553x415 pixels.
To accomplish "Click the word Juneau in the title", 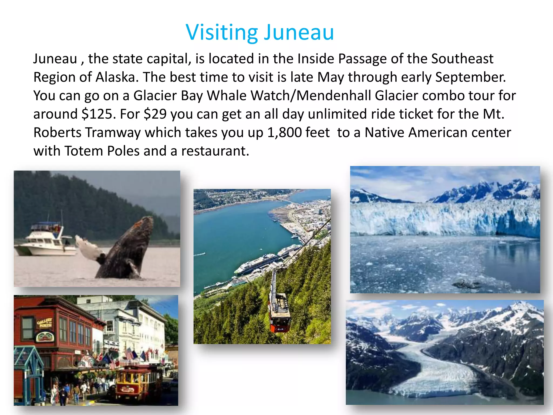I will [x=299, y=33].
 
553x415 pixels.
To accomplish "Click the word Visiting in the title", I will [x=222, y=33].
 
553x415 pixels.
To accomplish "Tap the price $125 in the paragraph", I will [x=97, y=114].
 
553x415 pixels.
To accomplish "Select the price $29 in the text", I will [x=155, y=114].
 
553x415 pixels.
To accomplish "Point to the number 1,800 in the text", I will [x=285, y=133].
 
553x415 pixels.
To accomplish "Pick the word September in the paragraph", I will [x=470, y=77].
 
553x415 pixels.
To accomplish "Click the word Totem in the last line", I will [x=84, y=151].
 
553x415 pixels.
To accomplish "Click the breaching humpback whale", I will [x=127, y=249].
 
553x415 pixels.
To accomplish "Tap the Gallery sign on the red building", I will [x=44, y=323].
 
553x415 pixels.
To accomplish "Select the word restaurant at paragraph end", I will [x=215, y=151].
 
